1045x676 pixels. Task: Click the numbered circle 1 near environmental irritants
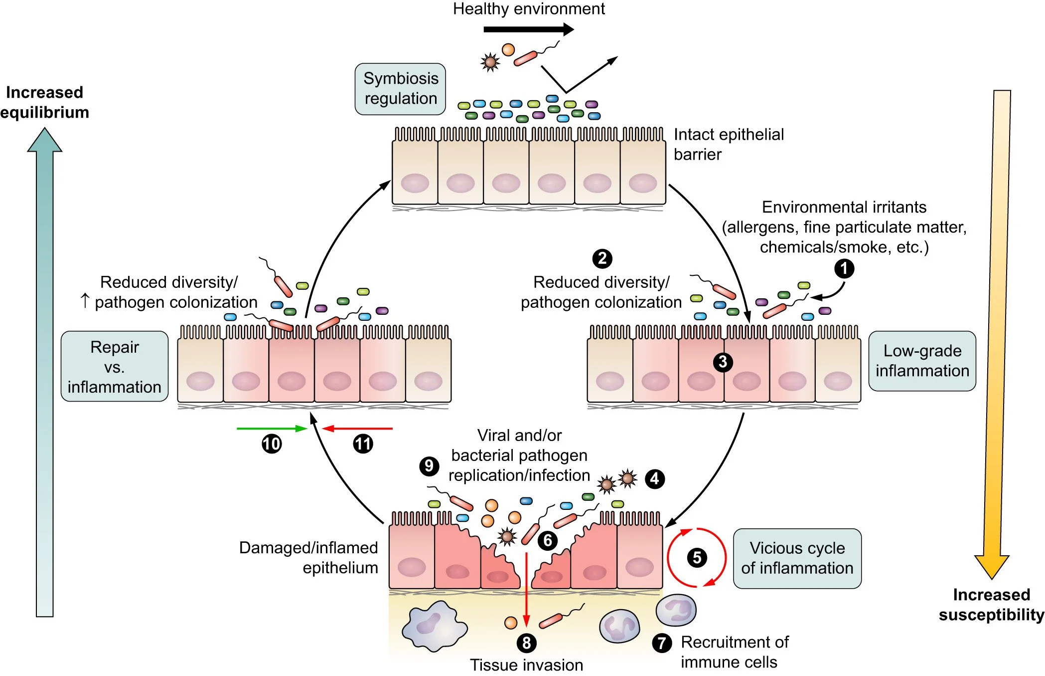point(844,268)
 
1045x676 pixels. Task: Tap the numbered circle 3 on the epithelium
point(723,362)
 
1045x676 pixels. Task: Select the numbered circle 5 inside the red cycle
point(697,557)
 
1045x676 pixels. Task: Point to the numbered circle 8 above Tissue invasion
point(527,643)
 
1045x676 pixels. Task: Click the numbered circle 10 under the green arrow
point(272,444)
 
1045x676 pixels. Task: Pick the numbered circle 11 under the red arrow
point(363,444)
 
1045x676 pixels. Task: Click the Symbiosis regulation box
point(400,89)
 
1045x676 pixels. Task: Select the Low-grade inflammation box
point(922,361)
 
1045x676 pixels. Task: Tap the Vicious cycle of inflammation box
point(797,558)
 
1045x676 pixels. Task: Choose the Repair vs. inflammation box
point(114,367)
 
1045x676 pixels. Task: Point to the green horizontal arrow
point(272,429)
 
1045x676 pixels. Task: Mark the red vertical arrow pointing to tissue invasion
point(526,589)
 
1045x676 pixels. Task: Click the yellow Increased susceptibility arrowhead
point(992,566)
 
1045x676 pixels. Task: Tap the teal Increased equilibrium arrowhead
point(45,141)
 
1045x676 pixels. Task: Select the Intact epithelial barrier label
point(728,144)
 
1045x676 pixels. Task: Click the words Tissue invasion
point(526,665)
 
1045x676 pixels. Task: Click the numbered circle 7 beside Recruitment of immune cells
point(662,643)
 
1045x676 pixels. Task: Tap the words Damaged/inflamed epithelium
point(308,558)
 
